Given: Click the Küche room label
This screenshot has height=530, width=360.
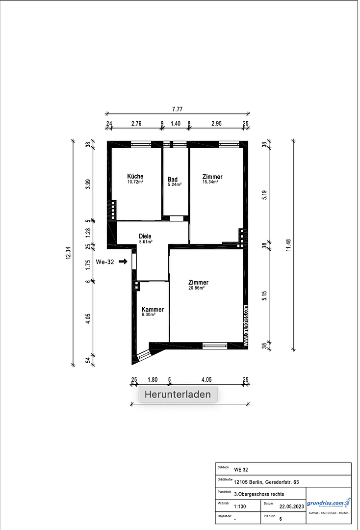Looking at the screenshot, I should [x=135, y=176].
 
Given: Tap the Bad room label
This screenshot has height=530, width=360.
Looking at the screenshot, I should [x=172, y=179].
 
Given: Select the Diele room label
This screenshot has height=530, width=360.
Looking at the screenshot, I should [x=145, y=236].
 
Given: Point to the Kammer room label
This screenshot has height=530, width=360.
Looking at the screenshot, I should [x=153, y=309].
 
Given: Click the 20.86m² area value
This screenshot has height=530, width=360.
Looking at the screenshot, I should [x=196, y=288].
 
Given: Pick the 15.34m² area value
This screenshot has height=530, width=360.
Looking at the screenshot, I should [x=210, y=182].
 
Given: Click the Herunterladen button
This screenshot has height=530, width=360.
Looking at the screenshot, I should [x=178, y=394].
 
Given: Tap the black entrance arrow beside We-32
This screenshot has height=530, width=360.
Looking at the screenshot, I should [x=123, y=262].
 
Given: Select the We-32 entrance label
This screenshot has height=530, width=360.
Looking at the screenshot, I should [x=104, y=262].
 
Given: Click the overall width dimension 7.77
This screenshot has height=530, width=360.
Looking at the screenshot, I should [x=177, y=109].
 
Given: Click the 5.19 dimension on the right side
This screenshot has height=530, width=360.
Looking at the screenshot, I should [x=264, y=194].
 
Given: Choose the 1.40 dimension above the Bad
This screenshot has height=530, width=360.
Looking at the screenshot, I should [x=176, y=124].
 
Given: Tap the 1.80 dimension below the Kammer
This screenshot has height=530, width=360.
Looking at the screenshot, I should [x=152, y=379].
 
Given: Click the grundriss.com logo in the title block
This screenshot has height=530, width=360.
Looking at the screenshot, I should [x=329, y=503].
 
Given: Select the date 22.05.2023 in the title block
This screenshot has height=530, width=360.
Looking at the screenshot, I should [x=292, y=506].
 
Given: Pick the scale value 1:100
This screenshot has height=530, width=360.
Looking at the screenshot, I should [x=240, y=506].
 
